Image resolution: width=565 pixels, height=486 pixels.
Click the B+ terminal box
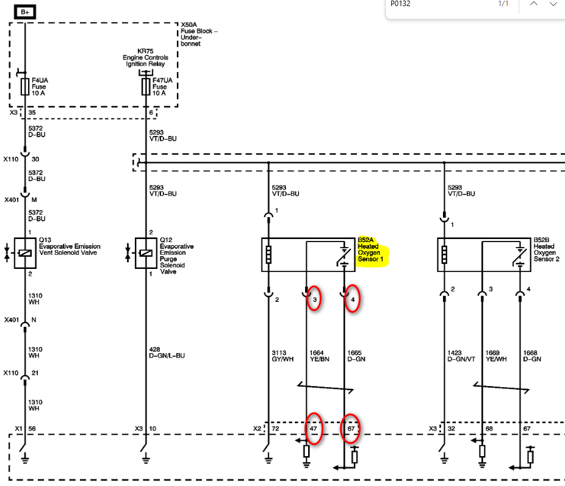(24, 12)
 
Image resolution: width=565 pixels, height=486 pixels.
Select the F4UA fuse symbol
(25, 86)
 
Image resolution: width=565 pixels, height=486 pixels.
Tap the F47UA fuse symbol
(146, 86)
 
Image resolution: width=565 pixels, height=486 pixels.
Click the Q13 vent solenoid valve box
(25, 252)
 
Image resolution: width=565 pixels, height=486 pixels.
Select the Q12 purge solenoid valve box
(146, 252)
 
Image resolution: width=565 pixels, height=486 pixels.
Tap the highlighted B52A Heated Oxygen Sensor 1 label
(373, 250)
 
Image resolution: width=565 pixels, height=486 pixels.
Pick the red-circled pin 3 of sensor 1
(314, 299)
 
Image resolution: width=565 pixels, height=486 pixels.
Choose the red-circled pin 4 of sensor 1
(353, 299)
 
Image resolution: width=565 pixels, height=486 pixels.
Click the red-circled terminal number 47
(314, 429)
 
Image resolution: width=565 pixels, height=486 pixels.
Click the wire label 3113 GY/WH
(283, 356)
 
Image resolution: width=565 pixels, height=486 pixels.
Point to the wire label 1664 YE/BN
(319, 356)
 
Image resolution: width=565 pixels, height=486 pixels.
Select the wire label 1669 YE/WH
(497, 356)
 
